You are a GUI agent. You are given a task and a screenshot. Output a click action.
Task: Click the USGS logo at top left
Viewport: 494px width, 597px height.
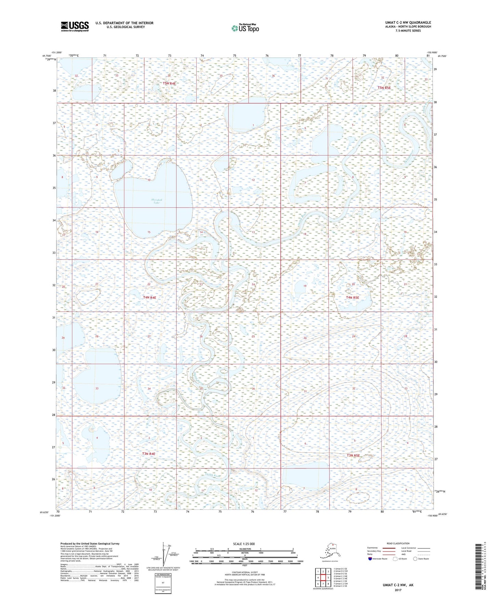coord(75,26)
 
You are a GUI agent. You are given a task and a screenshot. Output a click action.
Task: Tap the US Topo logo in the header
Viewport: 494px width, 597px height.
coord(245,28)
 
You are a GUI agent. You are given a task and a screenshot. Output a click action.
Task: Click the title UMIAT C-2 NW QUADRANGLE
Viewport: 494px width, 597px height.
coord(408,23)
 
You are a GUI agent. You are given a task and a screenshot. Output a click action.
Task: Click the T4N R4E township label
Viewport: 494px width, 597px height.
coord(149,297)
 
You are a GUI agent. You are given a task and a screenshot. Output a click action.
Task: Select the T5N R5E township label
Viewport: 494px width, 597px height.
coord(384,88)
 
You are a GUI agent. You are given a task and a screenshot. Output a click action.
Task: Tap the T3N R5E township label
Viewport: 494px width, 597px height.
coord(353,455)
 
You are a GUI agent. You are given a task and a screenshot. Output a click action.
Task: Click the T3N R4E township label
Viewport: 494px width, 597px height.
coord(149,454)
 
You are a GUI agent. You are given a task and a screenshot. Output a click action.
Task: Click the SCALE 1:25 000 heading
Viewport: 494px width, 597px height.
coord(244,544)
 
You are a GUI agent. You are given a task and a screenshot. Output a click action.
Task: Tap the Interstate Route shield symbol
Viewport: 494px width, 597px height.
coord(370,559)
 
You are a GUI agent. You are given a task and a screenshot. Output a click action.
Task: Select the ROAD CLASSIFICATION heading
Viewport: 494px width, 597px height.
coord(398,543)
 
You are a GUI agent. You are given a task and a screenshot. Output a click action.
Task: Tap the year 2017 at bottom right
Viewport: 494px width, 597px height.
coord(398,589)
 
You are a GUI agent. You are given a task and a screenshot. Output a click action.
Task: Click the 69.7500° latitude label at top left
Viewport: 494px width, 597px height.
coord(47,55)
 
